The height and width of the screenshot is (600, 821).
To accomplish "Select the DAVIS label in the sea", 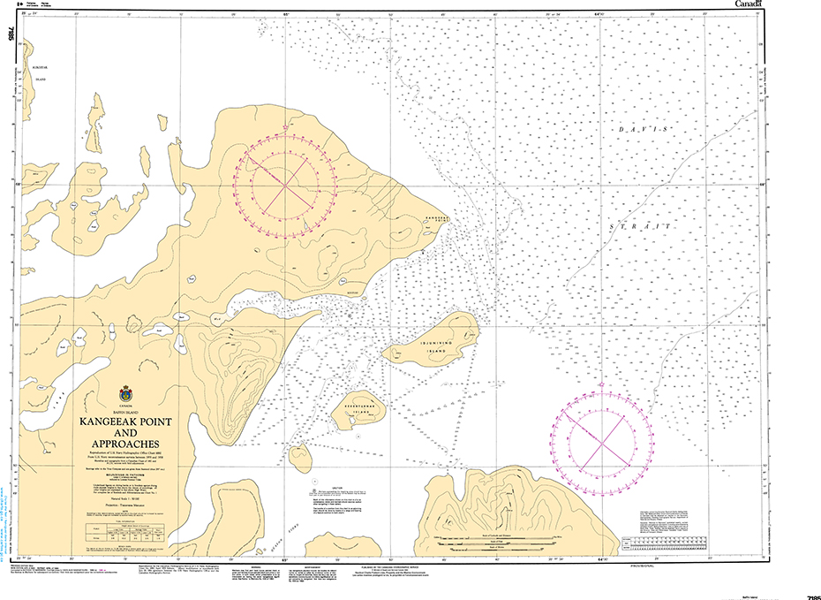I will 645,131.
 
